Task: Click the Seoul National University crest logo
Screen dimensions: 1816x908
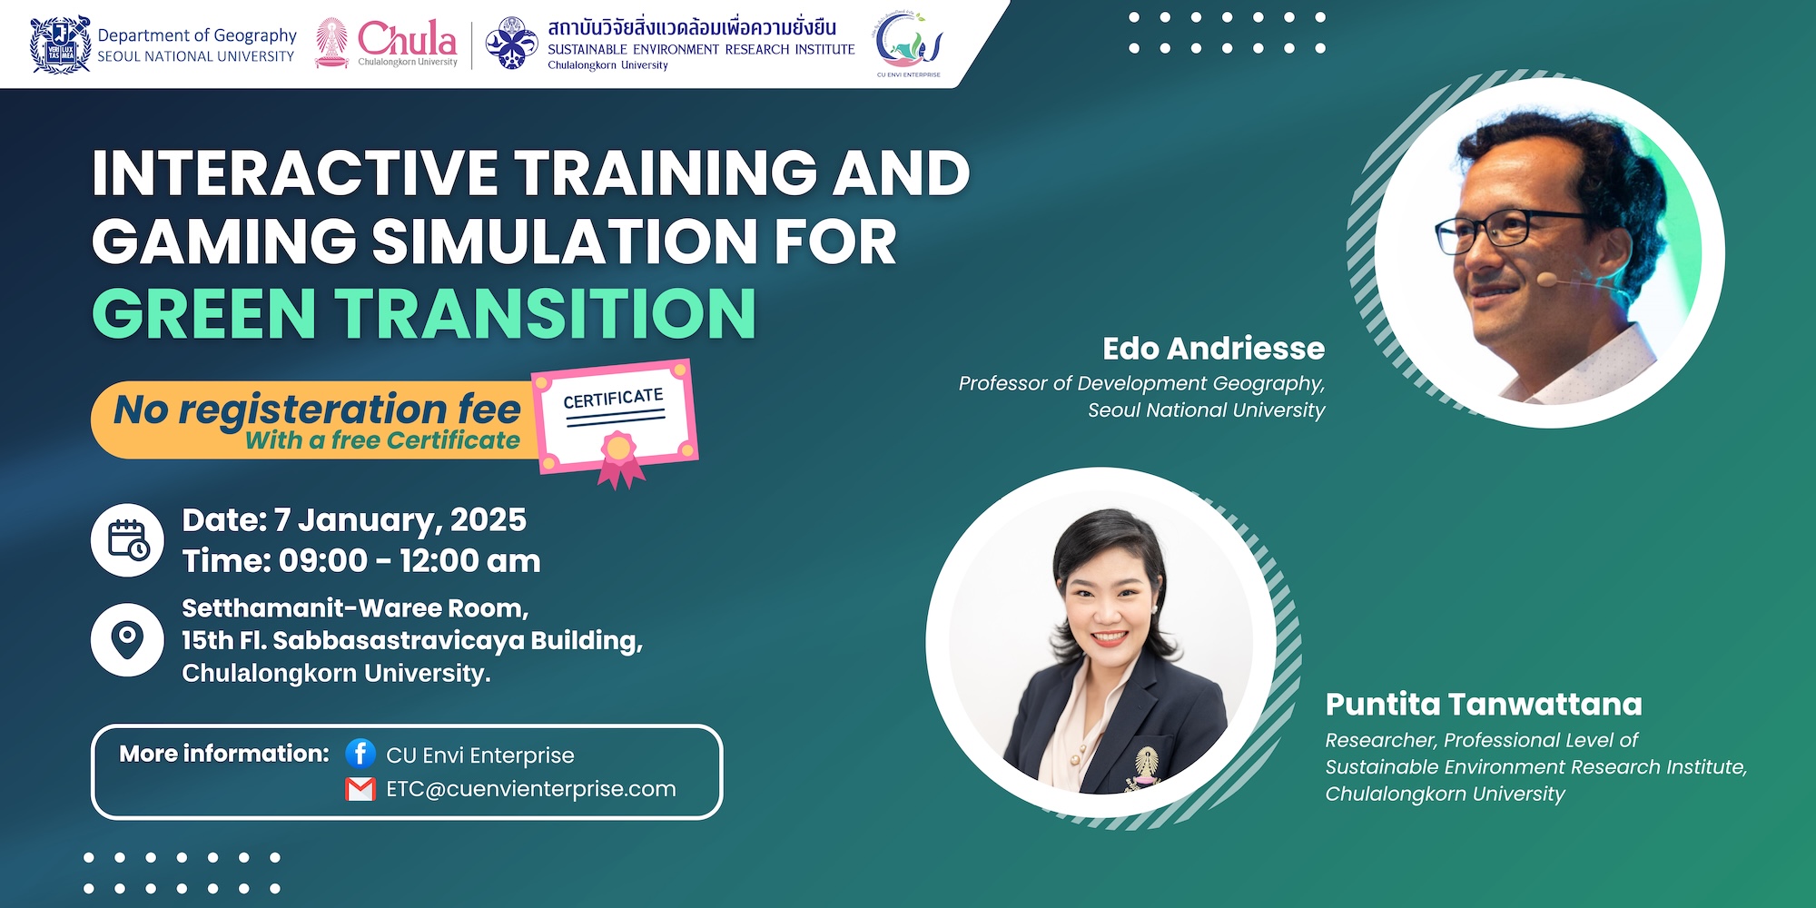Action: coord(60,44)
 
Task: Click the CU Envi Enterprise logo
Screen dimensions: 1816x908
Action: coord(909,44)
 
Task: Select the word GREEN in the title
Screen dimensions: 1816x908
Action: coord(204,313)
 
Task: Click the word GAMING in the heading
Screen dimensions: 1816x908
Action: coord(224,242)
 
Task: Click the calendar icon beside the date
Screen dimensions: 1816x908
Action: coord(128,539)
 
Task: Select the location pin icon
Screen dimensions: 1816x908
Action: coord(128,639)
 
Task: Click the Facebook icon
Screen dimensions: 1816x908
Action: coord(360,753)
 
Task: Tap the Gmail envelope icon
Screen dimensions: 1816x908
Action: coord(360,789)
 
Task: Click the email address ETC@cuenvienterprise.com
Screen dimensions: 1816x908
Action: coord(531,789)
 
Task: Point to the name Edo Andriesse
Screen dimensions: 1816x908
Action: coord(1213,349)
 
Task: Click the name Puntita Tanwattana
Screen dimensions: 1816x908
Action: coord(1484,705)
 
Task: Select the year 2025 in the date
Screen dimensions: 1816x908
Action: coord(489,520)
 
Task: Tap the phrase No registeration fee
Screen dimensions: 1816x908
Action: coord(317,410)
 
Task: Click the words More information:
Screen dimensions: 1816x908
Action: coord(224,754)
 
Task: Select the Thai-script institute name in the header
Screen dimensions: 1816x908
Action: coord(692,27)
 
